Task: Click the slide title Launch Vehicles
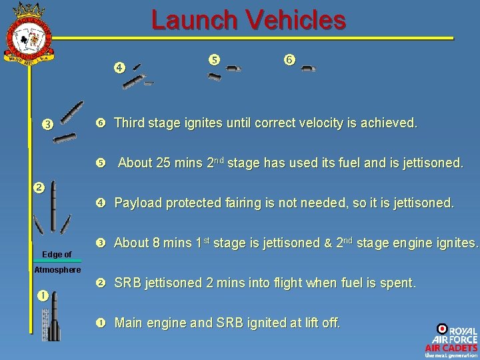pyautogui.click(x=248, y=20)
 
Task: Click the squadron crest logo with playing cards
pyautogui.click(x=29, y=33)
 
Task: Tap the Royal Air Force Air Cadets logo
pyautogui.click(x=451, y=341)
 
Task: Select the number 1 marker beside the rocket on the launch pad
pyautogui.click(x=42, y=295)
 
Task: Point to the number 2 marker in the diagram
pyautogui.click(x=39, y=187)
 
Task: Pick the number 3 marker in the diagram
pyautogui.click(x=47, y=123)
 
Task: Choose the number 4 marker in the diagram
pyautogui.click(x=119, y=67)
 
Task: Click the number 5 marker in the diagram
pyautogui.click(x=214, y=59)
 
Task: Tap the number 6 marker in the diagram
pyautogui.click(x=289, y=59)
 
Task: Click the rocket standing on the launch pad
pyautogui.click(x=55, y=323)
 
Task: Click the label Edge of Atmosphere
pyautogui.click(x=57, y=262)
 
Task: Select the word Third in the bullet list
pyautogui.click(x=129, y=123)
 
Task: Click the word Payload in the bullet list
pyautogui.click(x=137, y=203)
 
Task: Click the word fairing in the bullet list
pyautogui.click(x=247, y=203)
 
